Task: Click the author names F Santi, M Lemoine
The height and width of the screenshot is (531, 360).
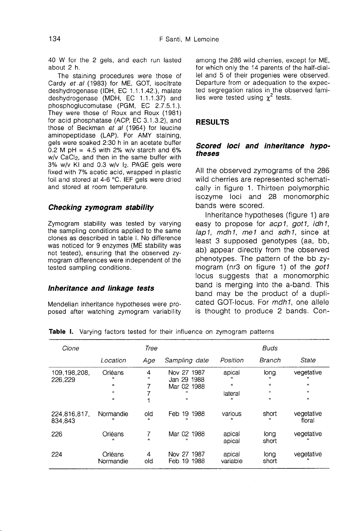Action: [187, 39]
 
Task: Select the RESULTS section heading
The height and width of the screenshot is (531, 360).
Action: [212, 122]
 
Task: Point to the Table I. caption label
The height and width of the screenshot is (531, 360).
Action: [60, 331]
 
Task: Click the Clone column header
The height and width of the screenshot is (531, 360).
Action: [71, 348]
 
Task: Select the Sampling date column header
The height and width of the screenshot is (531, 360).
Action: [187, 360]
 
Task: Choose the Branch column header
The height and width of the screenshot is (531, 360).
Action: [270, 360]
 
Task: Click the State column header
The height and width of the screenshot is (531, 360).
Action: [308, 360]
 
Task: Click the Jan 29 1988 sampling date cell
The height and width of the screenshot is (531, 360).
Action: [187, 379]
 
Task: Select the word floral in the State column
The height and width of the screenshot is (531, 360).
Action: [308, 420]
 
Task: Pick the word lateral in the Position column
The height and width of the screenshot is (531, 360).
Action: [231, 393]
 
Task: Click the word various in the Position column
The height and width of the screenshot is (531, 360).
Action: [231, 414]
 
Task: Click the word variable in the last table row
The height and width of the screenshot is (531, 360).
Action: [231, 461]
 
